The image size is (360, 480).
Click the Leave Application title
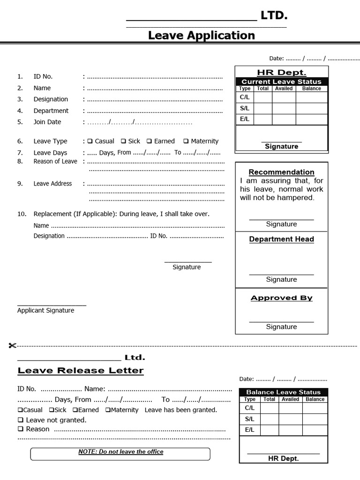(202, 35)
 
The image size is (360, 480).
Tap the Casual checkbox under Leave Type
(90, 141)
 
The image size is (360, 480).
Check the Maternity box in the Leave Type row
(186, 141)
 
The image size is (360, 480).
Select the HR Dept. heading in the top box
(281, 72)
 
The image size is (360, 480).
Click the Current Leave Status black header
(281, 82)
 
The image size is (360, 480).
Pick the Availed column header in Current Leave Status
(284, 88)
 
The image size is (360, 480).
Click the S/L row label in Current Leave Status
(245, 108)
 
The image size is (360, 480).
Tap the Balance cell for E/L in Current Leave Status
(311, 119)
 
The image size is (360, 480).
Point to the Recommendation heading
(281, 172)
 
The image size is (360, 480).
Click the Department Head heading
(281, 239)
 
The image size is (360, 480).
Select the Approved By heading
(281, 298)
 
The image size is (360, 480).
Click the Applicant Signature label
(45, 310)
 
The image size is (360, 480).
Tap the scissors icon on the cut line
(12, 346)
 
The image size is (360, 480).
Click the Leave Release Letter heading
(81, 371)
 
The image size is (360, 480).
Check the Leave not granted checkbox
(20, 420)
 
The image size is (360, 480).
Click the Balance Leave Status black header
(283, 392)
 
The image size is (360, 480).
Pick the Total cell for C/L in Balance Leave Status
(269, 408)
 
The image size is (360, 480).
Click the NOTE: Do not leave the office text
(120, 452)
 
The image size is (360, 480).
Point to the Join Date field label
(47, 122)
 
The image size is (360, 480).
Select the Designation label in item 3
(51, 99)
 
